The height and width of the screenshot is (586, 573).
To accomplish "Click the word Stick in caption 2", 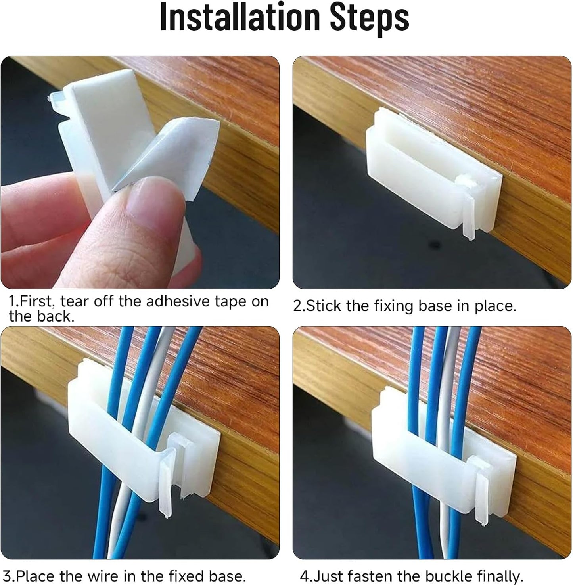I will point(323,306).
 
